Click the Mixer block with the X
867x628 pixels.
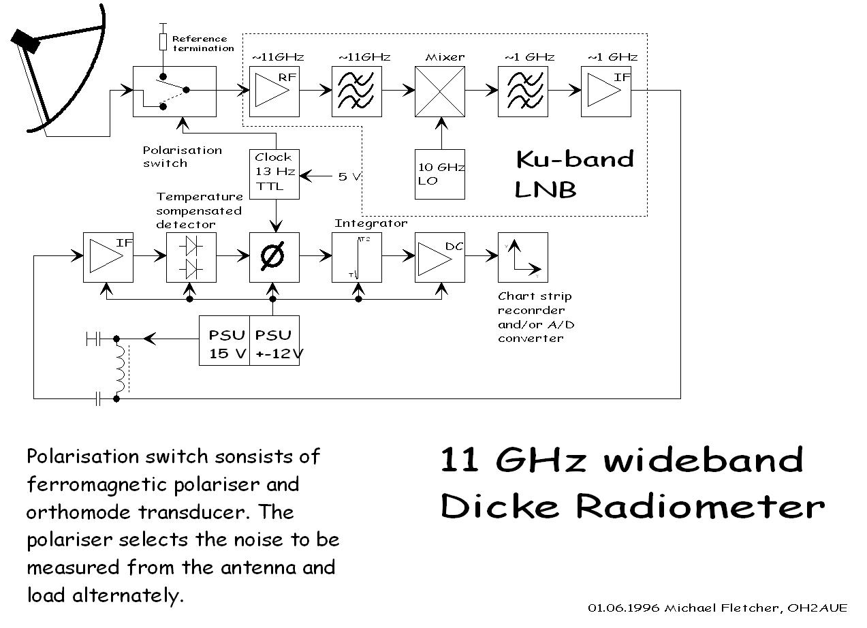[x=440, y=91]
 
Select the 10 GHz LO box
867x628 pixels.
[x=440, y=174]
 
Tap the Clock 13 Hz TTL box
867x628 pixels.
[x=274, y=174]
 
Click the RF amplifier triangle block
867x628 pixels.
[x=274, y=91]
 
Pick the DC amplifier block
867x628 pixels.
[x=440, y=257]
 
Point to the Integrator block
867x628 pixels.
[x=357, y=257]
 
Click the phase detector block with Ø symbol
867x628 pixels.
[x=274, y=257]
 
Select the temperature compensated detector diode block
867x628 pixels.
[x=191, y=257]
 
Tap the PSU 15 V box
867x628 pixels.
[x=224, y=341]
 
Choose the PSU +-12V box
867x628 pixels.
[x=274, y=341]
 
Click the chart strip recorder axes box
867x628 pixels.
[x=522, y=257]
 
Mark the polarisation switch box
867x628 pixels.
[x=174, y=91]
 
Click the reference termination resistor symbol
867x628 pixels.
[x=163, y=42]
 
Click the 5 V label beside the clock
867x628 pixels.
[x=347, y=176]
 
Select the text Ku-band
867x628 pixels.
[x=574, y=159]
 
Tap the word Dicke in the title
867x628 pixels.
[x=501, y=507]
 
